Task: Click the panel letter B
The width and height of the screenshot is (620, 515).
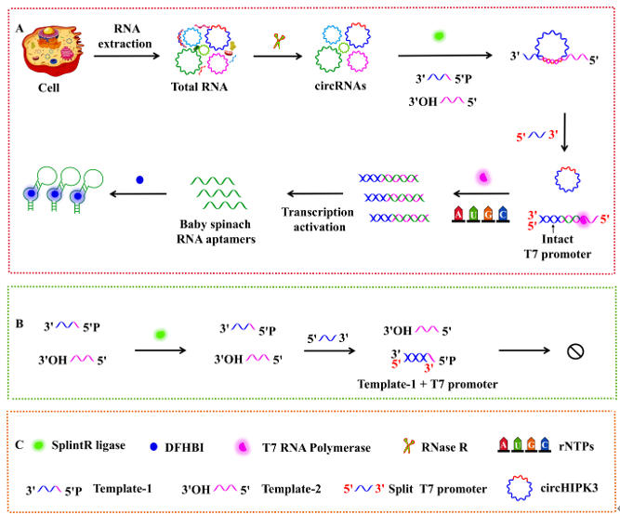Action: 20,299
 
